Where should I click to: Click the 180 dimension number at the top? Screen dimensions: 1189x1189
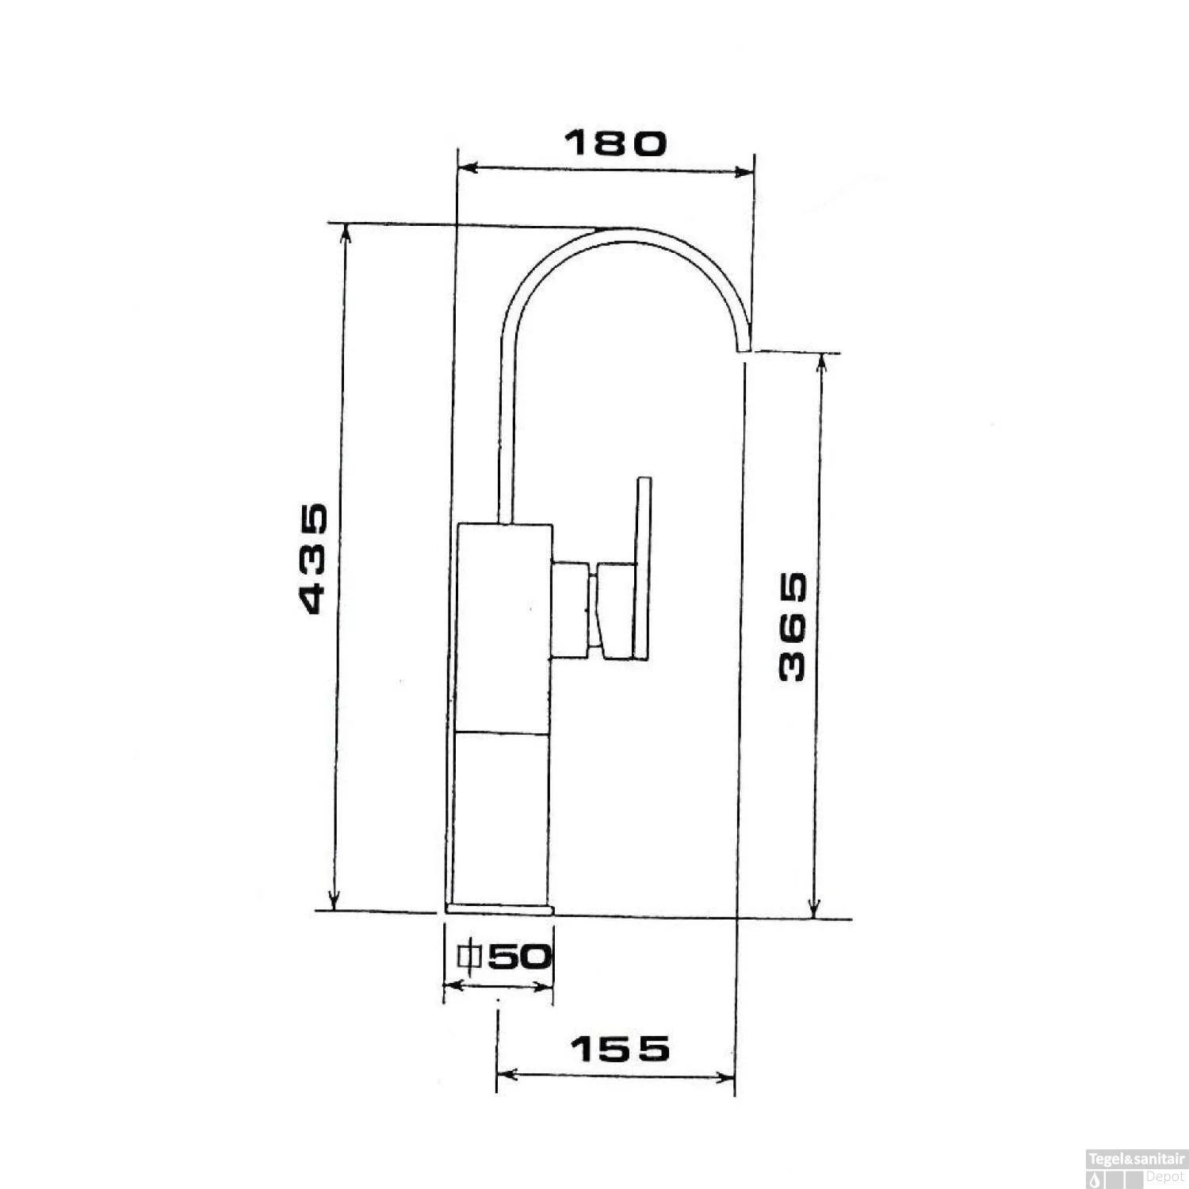616,143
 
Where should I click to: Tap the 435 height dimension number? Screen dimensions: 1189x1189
314,558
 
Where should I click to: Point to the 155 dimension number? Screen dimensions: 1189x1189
621,1049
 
